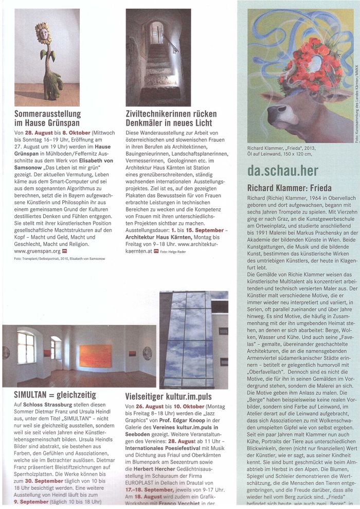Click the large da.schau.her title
(282, 171)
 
